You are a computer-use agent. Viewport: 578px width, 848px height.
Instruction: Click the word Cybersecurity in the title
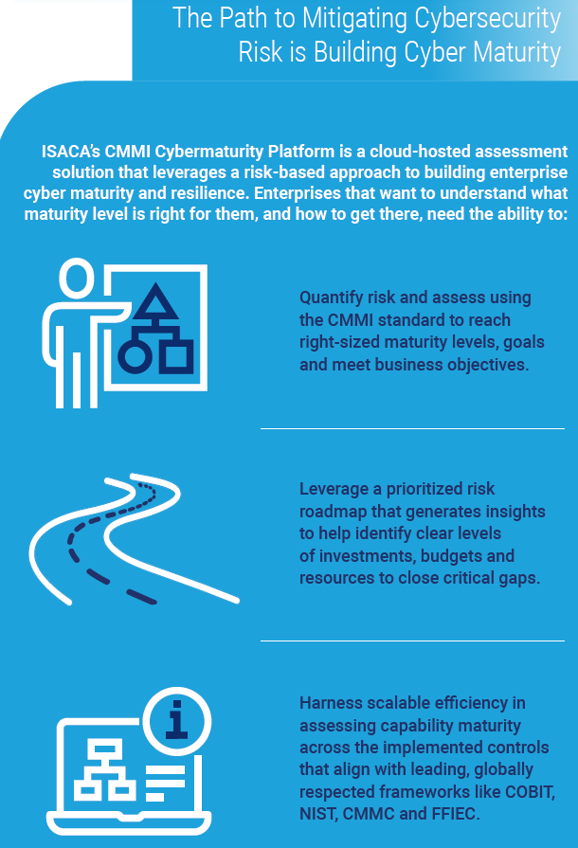pos(483,19)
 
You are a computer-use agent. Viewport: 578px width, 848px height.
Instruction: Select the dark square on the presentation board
pos(175,355)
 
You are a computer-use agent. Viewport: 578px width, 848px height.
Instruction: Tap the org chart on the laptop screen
pos(104,767)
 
